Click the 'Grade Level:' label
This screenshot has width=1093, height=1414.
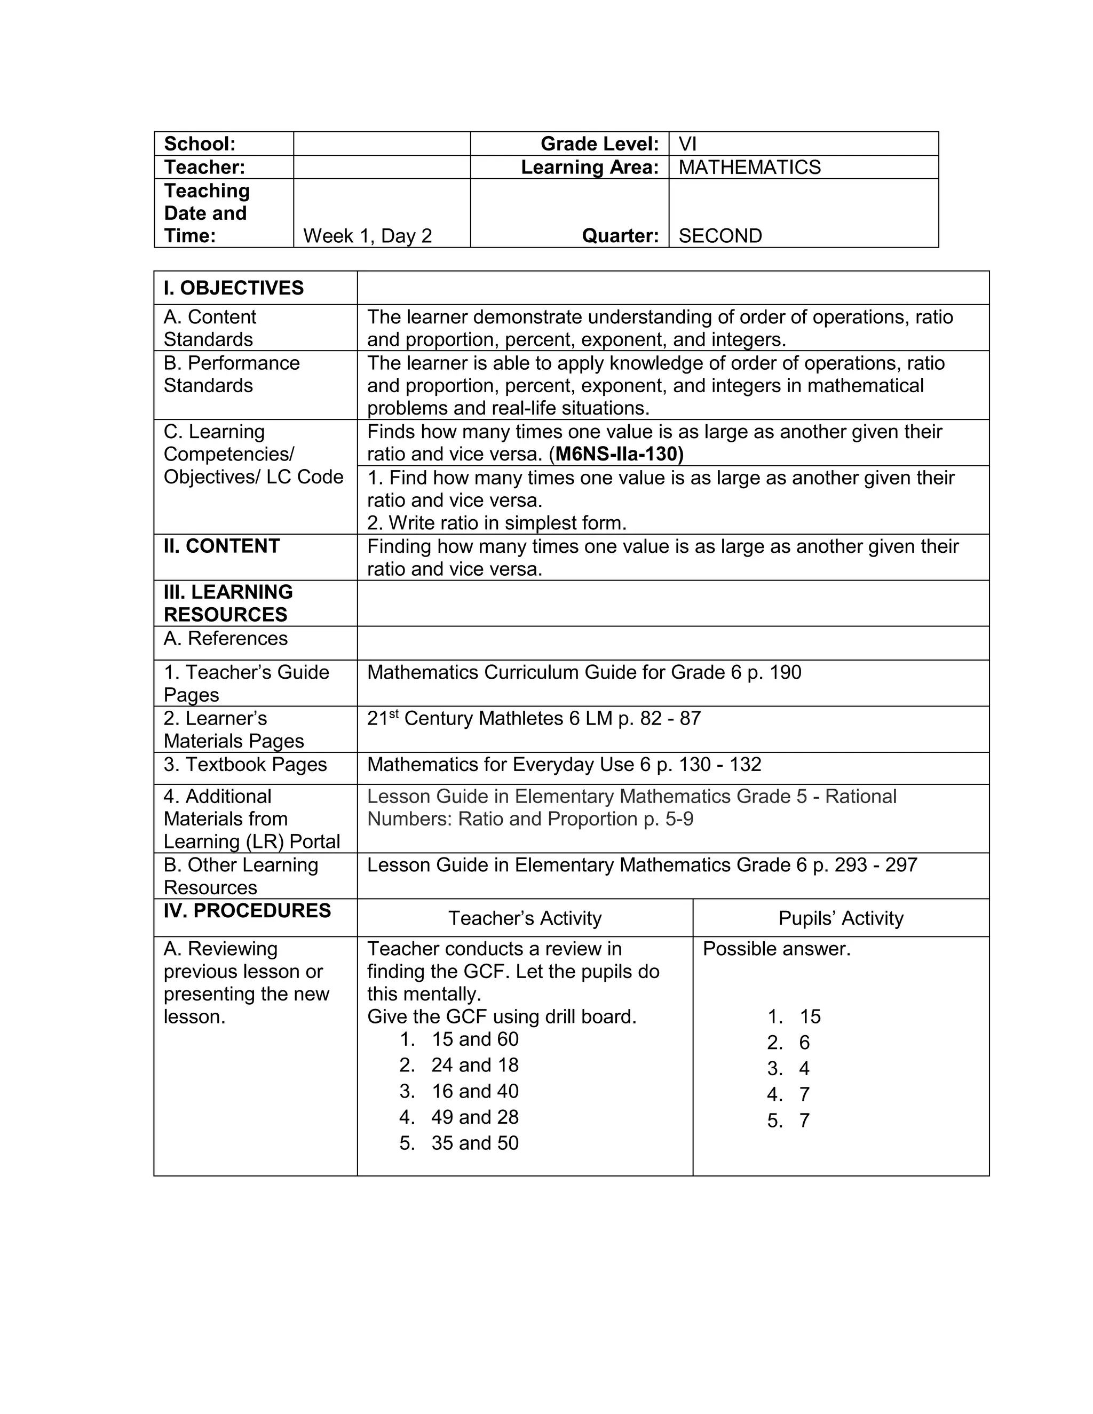tap(599, 144)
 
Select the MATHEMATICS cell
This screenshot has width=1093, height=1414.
tap(749, 167)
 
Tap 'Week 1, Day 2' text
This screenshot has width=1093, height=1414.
tap(367, 236)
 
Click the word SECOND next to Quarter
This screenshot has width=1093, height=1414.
tap(720, 236)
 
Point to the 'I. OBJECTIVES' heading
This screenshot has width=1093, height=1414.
tap(233, 288)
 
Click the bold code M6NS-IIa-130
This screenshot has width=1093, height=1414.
tap(619, 454)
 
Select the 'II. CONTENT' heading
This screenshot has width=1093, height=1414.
tap(221, 546)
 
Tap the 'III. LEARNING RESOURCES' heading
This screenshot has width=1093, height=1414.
tap(228, 603)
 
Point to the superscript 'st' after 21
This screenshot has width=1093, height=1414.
tap(393, 713)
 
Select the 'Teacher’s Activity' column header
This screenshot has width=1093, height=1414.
tap(525, 918)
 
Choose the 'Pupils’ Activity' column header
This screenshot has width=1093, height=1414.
tap(841, 918)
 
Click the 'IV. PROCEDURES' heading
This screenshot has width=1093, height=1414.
tap(247, 911)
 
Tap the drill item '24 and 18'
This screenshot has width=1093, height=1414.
tap(474, 1065)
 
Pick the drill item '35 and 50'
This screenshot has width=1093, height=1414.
tap(474, 1143)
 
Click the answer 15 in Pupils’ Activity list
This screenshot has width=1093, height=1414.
tap(810, 1016)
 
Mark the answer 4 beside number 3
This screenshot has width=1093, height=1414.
tap(804, 1068)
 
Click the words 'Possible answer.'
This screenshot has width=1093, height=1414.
tap(775, 949)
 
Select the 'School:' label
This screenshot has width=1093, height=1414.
tap(200, 144)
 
